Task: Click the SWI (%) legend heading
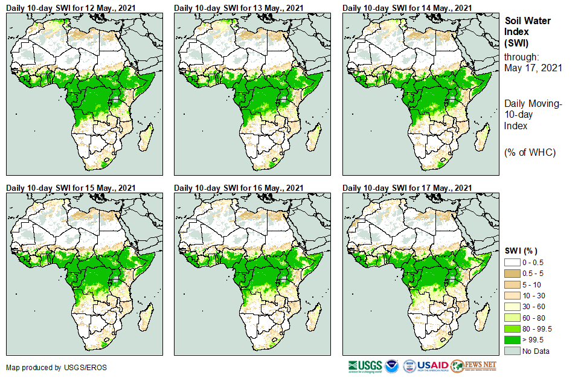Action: click(x=521, y=251)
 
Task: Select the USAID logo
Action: click(x=432, y=366)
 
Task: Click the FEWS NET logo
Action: click(x=473, y=366)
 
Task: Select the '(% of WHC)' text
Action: click(x=530, y=152)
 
